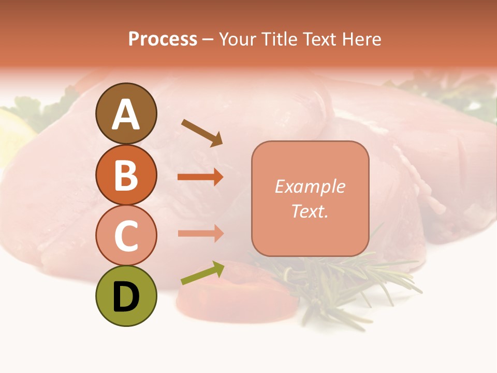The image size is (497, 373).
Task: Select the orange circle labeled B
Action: [126, 175]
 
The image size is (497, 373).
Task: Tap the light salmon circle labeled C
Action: [126, 235]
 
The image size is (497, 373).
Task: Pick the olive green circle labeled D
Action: [126, 296]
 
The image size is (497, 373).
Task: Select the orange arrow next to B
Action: [200, 177]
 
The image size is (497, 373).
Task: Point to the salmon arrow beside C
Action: [200, 233]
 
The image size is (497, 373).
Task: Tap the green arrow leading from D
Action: [202, 273]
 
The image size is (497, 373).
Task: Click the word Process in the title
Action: [163, 39]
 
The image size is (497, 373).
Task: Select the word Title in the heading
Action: [280, 39]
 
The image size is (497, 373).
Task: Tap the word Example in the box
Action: [310, 187]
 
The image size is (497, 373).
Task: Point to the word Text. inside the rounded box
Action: [310, 211]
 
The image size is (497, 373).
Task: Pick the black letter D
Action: [126, 297]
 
